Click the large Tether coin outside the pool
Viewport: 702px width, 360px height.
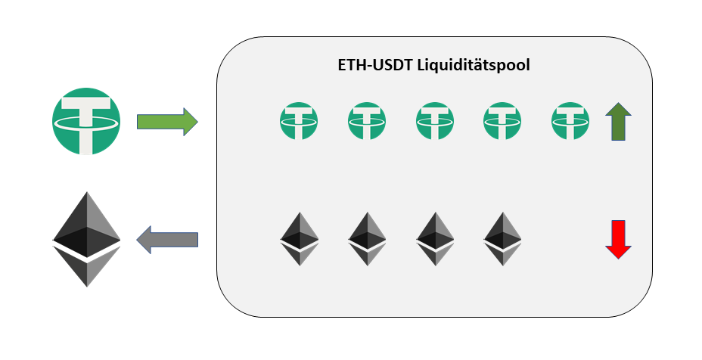[86, 121]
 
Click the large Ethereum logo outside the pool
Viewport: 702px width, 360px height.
[86, 239]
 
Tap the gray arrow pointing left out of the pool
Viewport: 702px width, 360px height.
[167, 240]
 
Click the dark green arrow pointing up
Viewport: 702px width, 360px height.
[619, 123]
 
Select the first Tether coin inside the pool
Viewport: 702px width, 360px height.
[299, 121]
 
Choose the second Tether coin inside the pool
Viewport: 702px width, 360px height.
[367, 121]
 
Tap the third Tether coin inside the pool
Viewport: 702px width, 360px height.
[435, 121]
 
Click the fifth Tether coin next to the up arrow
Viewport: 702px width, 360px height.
[570, 121]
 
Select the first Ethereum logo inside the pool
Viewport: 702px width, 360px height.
[299, 238]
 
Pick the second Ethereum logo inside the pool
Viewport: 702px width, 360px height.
[367, 238]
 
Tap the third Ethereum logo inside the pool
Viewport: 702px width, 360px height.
[435, 238]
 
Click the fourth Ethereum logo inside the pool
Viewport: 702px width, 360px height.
[503, 238]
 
